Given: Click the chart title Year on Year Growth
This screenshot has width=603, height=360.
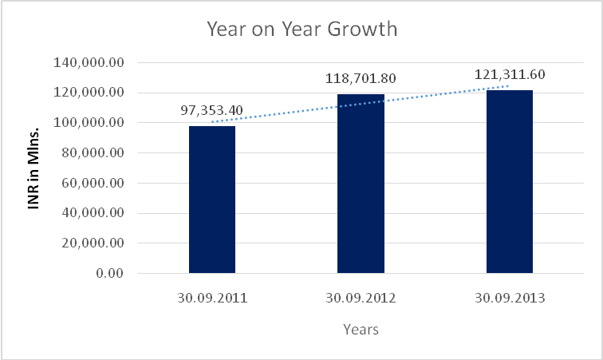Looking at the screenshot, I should click(x=301, y=30).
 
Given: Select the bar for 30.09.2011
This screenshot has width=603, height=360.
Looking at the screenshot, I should click(x=212, y=200).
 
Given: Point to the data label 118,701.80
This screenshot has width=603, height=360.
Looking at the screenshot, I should click(x=361, y=79).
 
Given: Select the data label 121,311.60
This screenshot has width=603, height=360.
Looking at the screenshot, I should click(x=510, y=74).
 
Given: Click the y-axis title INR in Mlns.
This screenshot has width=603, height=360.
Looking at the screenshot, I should click(x=34, y=168).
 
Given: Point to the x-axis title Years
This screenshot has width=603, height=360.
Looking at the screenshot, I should click(x=361, y=329).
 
